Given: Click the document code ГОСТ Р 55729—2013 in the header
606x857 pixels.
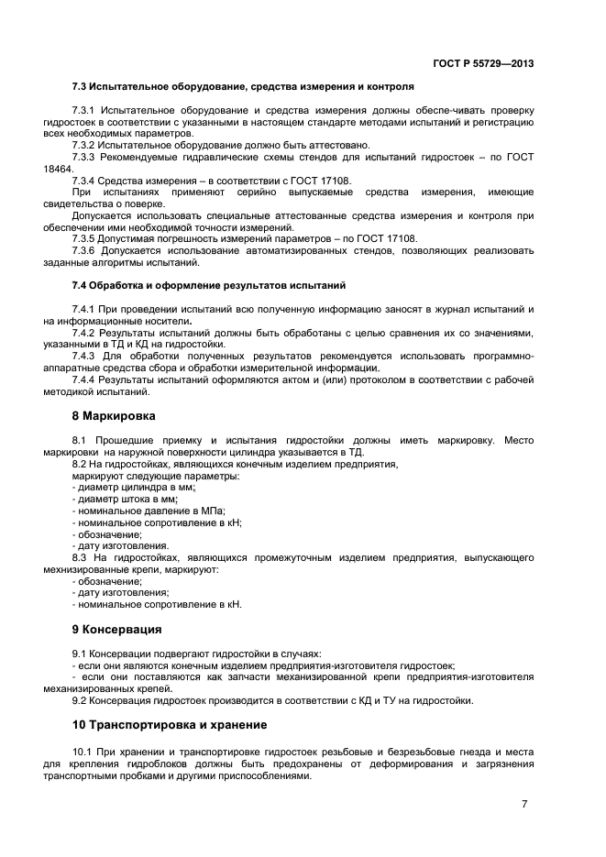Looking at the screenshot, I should click(x=483, y=63).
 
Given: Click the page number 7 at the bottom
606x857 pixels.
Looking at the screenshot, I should click(x=524, y=804).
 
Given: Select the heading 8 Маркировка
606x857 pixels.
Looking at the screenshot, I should click(x=114, y=415).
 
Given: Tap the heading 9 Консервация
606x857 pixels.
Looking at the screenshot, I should click(x=117, y=630).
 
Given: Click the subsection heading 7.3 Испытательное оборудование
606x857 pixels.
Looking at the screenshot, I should click(x=243, y=87).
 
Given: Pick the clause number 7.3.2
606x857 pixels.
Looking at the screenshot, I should click(x=83, y=145).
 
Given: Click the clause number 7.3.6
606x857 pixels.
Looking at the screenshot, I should click(x=83, y=250).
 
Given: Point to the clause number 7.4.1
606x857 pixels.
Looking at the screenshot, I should click(x=83, y=310).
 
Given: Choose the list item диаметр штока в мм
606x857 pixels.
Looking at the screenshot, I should click(x=126, y=500).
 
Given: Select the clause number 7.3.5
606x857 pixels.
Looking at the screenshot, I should click(x=83, y=238).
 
